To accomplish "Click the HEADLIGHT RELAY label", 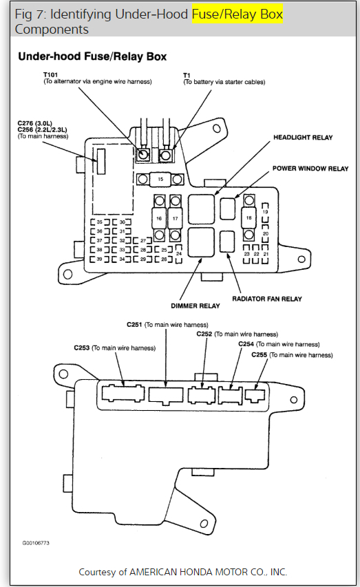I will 303,138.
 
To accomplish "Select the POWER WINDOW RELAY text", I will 310,169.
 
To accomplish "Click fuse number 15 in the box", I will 160,179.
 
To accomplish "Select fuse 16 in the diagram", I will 158,218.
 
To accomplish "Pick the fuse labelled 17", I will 176,218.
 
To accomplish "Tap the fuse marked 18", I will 249,217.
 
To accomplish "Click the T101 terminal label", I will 51,74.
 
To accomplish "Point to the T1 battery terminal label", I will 187,74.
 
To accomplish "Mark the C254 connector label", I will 246,344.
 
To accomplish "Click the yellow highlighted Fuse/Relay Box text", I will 237,14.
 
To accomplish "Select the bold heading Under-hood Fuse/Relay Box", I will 92,56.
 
